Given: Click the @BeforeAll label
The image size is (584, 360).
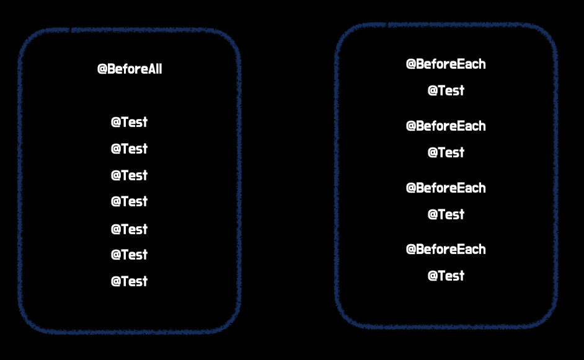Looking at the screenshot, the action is coord(130,69).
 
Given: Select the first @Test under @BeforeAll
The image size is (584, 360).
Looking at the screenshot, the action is coord(129,122).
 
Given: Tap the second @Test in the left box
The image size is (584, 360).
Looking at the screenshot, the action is coord(129,149).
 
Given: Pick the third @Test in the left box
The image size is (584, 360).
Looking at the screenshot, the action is coord(129,175).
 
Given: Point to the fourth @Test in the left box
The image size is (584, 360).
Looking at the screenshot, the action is coord(129,201).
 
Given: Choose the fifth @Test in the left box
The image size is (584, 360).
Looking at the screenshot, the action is coord(129,229).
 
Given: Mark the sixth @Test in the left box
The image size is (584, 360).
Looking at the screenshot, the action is coord(129,255).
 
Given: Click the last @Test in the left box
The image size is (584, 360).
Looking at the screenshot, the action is coord(129,281).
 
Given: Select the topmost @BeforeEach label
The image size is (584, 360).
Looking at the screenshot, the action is coord(446,64).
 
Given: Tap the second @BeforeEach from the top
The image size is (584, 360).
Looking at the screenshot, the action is coord(446,126).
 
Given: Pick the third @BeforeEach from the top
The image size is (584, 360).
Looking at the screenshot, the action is coord(446,188).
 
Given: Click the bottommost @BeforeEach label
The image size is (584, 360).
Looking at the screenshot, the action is coord(446,249).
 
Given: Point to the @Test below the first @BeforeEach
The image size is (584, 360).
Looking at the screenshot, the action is coord(446,90).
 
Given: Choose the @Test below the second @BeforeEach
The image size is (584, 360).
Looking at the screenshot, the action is coord(446,152).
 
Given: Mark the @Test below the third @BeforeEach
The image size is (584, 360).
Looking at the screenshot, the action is coord(446,214).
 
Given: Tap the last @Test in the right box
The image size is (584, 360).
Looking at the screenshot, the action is coord(446,276).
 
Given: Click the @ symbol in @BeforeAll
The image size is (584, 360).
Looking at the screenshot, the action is coord(102,69).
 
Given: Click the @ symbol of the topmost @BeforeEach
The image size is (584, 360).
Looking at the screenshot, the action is coord(410,64).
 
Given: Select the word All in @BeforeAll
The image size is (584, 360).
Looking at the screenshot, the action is coord(154,69).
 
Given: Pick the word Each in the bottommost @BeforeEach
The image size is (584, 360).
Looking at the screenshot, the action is coord(471,249).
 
